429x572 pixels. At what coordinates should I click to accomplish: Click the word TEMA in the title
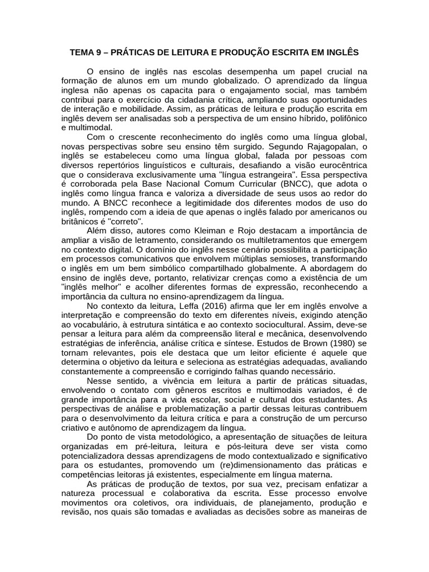coord(82,53)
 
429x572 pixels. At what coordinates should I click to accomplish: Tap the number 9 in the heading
coord(99,53)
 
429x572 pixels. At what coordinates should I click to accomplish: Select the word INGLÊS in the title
coord(342,53)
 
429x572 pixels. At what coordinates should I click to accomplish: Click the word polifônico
coord(344,118)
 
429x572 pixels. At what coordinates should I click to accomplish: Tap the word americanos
coord(330,212)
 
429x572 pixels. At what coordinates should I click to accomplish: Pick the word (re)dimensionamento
coord(251,465)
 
